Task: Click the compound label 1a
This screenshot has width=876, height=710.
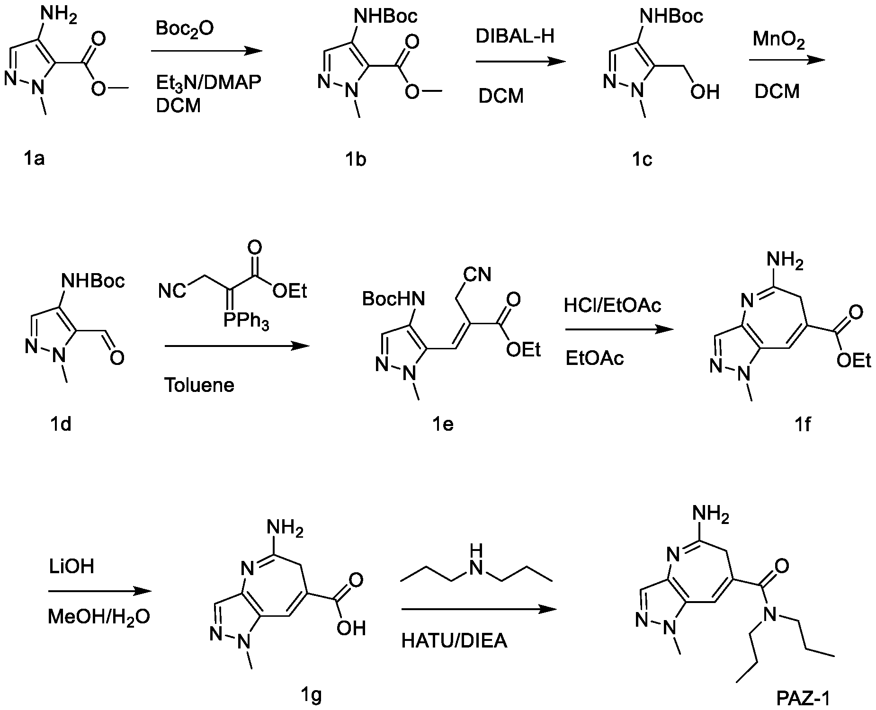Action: click(x=34, y=159)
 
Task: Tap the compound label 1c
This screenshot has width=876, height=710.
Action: click(x=642, y=160)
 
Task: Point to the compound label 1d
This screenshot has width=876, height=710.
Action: click(x=60, y=424)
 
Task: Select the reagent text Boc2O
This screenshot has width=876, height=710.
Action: click(x=185, y=29)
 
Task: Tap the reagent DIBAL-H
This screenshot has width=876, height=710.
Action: click(x=515, y=37)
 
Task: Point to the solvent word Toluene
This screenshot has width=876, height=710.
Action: click(x=199, y=385)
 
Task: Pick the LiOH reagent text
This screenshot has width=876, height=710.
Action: click(x=72, y=566)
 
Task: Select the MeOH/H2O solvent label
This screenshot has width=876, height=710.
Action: click(x=99, y=617)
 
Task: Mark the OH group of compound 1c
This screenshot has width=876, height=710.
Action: click(x=704, y=92)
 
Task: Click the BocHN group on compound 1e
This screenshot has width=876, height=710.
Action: click(x=393, y=299)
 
